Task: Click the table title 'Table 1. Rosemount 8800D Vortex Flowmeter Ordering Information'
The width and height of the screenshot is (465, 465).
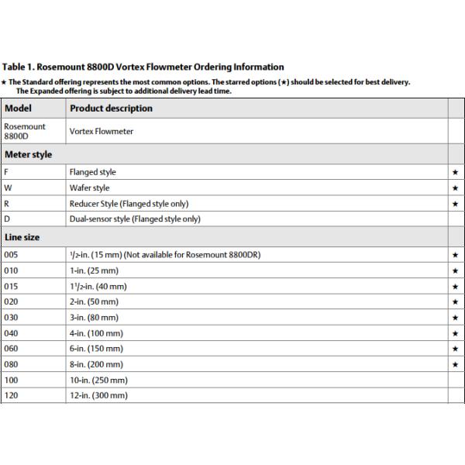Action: [143, 67]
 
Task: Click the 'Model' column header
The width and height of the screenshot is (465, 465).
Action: [18, 108]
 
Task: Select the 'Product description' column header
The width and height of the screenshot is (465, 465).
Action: [111, 108]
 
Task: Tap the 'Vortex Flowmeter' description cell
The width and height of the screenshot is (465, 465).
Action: [102, 131]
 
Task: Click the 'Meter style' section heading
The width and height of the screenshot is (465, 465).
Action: [28, 154]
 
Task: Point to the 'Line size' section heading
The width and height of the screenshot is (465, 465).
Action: [22, 237]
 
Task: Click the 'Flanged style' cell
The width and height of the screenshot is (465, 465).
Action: [92, 172]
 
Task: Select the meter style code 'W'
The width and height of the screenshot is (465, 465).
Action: [8, 188]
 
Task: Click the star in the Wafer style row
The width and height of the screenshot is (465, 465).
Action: [455, 188]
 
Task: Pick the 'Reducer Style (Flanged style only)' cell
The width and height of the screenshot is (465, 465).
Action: [129, 204]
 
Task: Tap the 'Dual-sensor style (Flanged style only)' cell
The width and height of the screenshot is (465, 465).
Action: [135, 219]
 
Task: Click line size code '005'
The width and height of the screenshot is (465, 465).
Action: [11, 254]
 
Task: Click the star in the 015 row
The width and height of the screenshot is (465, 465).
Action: [455, 286]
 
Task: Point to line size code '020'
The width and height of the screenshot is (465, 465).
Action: [11, 301]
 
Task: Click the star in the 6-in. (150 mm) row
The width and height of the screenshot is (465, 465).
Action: [455, 349]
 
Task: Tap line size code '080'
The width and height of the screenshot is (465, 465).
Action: [11, 364]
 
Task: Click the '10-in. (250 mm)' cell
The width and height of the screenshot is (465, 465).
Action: [99, 380]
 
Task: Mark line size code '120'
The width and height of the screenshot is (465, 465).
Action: [11, 395]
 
